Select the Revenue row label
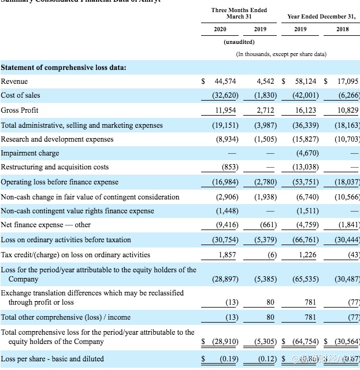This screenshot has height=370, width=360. (x=14, y=82)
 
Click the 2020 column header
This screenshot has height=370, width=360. (x=220, y=28)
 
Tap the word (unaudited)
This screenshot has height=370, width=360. (x=239, y=42)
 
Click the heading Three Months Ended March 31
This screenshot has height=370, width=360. (x=239, y=13)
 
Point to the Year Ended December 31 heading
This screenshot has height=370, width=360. (x=322, y=16)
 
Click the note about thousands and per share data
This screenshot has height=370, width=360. (x=281, y=54)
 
